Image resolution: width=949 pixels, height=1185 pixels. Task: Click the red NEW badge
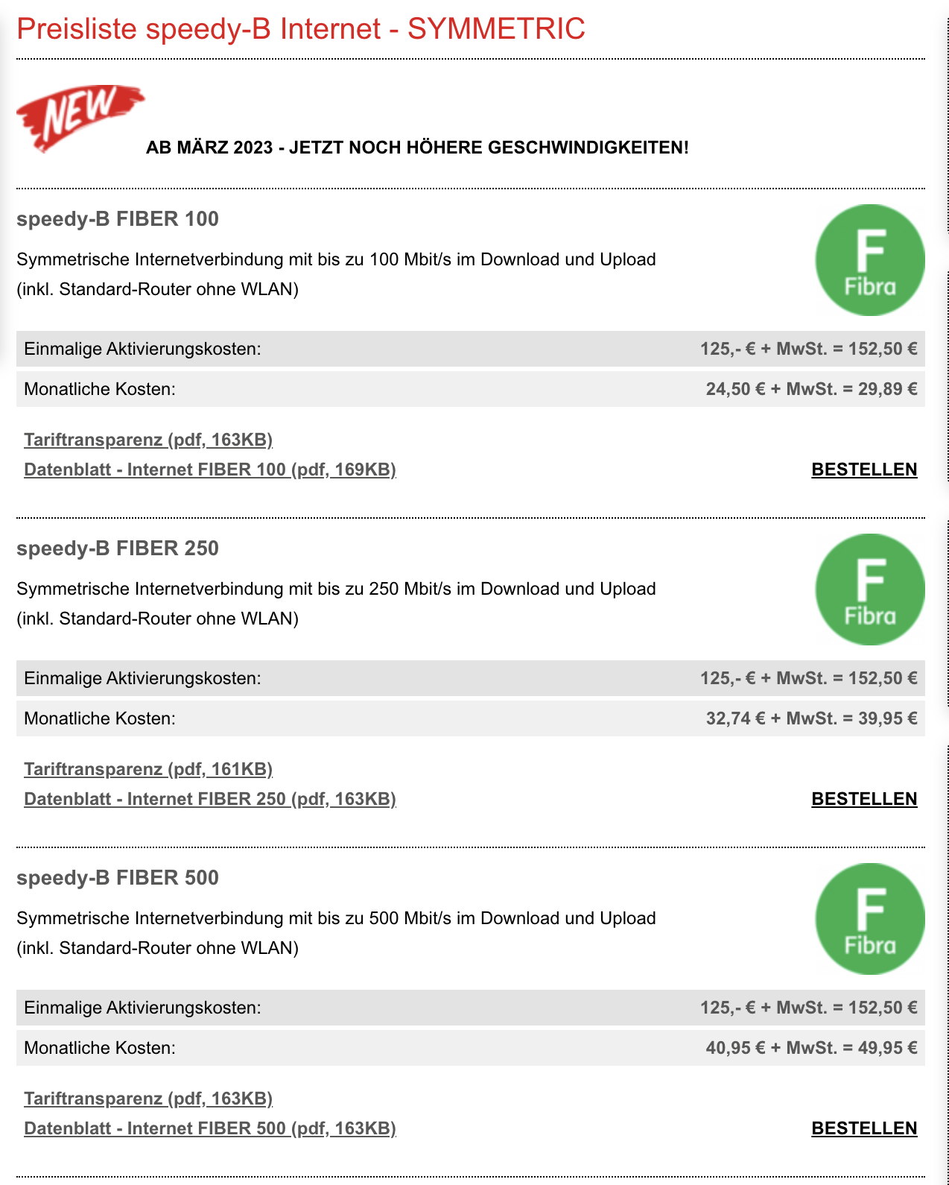point(78,116)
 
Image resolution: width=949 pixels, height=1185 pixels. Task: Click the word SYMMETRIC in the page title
point(496,29)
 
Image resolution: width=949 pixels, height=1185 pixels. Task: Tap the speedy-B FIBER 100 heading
point(118,219)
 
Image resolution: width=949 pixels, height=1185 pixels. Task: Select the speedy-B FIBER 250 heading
point(118,549)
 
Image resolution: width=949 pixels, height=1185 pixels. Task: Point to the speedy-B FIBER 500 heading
point(118,878)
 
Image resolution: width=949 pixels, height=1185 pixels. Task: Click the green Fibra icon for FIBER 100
point(869,260)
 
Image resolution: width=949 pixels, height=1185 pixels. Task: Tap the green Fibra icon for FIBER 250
point(869,590)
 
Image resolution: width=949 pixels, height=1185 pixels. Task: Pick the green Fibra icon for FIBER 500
point(869,919)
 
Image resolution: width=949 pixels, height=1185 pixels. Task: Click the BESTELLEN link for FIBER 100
point(864,470)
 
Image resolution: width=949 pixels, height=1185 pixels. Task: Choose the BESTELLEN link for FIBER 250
point(864,799)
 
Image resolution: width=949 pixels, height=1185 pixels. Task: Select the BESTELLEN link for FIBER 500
point(864,1128)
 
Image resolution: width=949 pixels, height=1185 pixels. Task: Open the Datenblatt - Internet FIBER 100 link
point(209,470)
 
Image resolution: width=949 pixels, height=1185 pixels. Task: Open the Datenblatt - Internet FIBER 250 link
point(209,799)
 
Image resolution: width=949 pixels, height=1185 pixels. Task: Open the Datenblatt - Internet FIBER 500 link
point(209,1128)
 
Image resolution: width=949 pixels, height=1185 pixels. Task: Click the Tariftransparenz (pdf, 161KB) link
point(148,769)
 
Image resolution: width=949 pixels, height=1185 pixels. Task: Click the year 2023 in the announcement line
point(253,148)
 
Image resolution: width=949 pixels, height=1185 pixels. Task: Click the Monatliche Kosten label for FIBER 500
point(100,1048)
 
